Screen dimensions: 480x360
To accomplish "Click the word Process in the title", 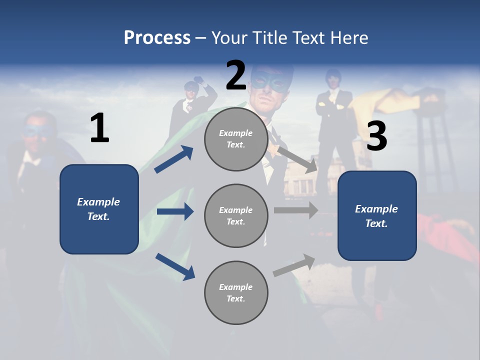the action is click(157, 37).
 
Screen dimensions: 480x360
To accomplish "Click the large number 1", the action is click(100, 127).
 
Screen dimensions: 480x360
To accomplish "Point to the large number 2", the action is click(236, 75).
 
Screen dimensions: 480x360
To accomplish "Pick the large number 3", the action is click(376, 135).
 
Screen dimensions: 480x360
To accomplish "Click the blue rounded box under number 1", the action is click(99, 209).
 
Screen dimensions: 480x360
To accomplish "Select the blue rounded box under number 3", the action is click(377, 216).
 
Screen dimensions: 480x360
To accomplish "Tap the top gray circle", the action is click(236, 139).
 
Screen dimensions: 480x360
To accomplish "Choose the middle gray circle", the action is click(236, 216).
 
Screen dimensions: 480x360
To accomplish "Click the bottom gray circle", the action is click(236, 292).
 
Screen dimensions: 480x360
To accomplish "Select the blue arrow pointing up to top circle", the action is click(174, 159).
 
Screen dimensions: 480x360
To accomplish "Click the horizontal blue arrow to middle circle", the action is click(175, 211).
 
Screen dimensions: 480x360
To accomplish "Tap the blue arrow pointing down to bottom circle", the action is click(175, 266).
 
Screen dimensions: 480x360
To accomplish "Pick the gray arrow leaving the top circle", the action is click(297, 160).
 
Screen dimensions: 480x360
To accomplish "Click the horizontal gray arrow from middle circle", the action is click(296, 210).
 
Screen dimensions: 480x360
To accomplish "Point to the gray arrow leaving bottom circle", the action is click(294, 265).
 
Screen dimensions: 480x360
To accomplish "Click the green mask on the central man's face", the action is click(269, 81).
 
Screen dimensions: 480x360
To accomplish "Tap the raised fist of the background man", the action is click(199, 80).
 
